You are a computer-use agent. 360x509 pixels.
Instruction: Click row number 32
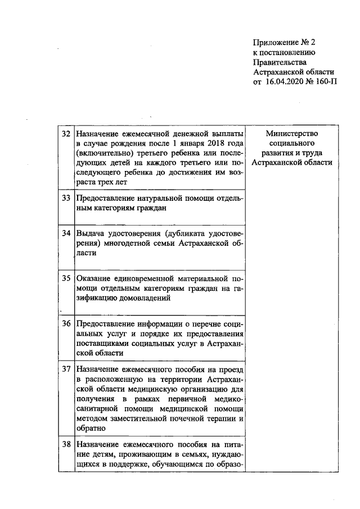coord(65,134)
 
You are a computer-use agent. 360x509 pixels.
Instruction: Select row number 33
coord(65,199)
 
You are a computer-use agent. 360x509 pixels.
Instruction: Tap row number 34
coord(65,233)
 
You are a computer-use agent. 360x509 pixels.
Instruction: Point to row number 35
coord(65,278)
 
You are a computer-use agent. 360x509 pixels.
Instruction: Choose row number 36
coord(65,324)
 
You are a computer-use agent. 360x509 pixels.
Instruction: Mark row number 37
coord(65,370)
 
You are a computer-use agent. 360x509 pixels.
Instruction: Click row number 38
coord(65,444)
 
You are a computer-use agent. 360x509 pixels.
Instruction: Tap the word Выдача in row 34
coord(91,233)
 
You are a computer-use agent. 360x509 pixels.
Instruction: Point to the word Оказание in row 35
coord(94,278)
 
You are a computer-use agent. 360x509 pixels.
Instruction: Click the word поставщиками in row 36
coord(102,343)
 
